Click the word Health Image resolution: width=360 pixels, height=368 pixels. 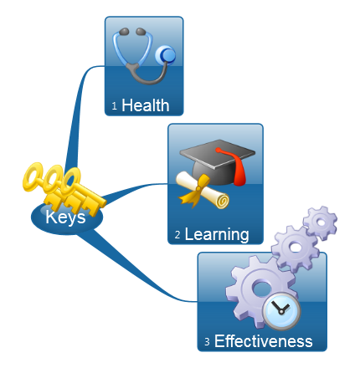146,105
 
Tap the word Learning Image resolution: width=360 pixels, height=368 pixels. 217,234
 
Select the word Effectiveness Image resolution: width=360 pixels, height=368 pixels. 263,341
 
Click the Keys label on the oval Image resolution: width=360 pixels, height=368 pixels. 65,217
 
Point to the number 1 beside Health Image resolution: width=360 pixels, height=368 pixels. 115,106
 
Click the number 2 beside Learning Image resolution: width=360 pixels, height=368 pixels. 177,235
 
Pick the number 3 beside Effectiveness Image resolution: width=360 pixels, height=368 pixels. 207,341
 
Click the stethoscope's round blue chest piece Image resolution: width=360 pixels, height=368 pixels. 166,55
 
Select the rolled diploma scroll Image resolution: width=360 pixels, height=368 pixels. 203,191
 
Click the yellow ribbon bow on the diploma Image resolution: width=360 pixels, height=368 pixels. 195,191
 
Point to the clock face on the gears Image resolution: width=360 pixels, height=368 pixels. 282,311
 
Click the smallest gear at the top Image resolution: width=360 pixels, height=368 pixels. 321,222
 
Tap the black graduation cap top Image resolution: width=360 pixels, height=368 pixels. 218,154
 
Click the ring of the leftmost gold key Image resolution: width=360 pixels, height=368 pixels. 33,176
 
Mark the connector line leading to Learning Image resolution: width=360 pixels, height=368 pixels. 134,191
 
